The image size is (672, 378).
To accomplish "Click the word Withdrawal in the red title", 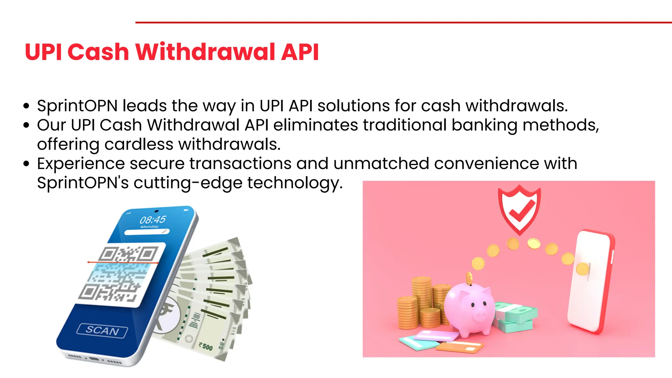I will point(205,52).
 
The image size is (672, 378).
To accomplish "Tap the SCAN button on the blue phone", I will point(102,330).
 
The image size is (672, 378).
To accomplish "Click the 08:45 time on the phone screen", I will point(153,220).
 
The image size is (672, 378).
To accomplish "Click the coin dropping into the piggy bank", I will point(469,278).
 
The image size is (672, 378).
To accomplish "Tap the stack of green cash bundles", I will point(515,317).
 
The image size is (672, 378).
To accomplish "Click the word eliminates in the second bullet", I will point(315,125).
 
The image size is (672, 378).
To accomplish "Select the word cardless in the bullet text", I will point(139,144).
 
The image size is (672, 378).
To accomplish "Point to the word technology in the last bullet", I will point(295,183).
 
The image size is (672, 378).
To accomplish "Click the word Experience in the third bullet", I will point(81,163).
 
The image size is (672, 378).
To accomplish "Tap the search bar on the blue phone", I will point(147,232).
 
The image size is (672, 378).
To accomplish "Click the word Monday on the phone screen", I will point(149,227).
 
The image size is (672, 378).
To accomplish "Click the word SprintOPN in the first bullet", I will point(77,106).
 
